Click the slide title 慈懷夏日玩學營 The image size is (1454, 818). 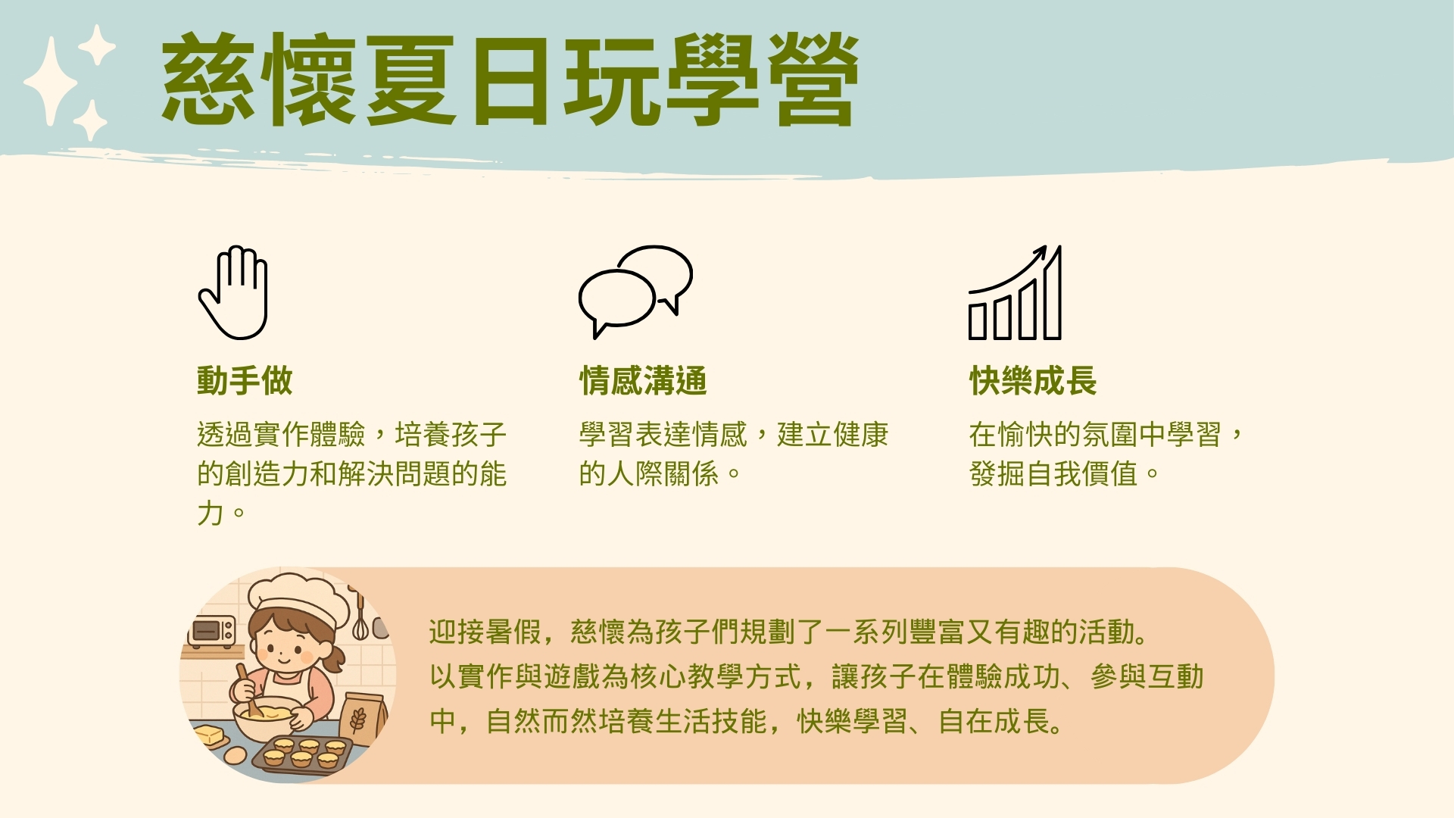click(x=510, y=79)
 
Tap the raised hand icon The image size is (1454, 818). click(x=233, y=292)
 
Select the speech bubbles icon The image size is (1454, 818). click(x=635, y=292)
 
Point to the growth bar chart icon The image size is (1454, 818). click(x=1015, y=292)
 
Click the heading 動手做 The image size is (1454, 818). click(x=245, y=380)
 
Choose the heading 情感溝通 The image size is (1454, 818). click(x=643, y=380)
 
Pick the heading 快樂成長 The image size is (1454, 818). click(x=1033, y=380)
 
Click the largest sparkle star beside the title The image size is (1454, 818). click(x=51, y=81)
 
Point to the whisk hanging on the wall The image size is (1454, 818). click(x=360, y=617)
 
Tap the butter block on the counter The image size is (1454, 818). click(x=210, y=735)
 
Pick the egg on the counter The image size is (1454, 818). click(x=236, y=755)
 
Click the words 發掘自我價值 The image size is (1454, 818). click(x=1053, y=474)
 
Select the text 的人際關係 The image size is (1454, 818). click(x=649, y=474)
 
